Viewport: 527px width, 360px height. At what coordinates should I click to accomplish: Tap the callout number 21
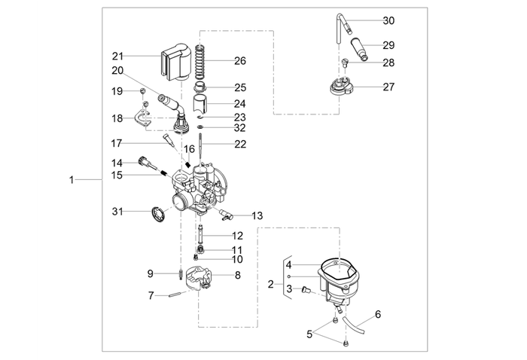coord(117,56)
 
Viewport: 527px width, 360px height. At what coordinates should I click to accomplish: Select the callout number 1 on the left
coord(72,180)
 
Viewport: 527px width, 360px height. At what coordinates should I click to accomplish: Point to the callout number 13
coord(257,216)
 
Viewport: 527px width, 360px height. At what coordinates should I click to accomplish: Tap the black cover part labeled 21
coord(174,63)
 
